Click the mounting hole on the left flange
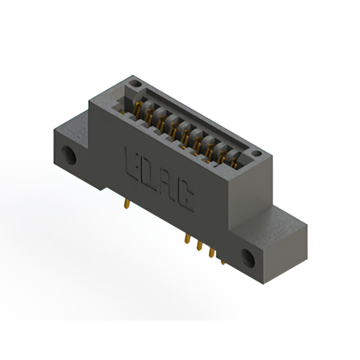point(69,154)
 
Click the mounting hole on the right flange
point(249,257)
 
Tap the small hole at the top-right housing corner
point(256,153)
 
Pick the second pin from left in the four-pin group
point(199,246)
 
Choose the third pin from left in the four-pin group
point(211,253)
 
